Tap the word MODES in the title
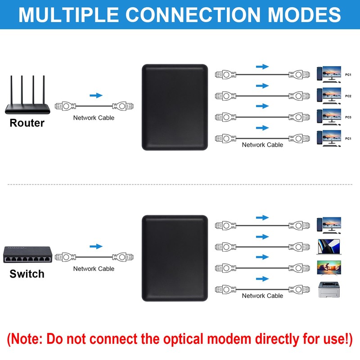point(304,14)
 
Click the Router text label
point(27,123)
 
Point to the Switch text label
point(27,274)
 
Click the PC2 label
point(348,96)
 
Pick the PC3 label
point(348,117)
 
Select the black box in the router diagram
point(175,107)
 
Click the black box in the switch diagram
point(175,258)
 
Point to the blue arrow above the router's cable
point(96,95)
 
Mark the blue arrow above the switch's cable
point(96,246)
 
